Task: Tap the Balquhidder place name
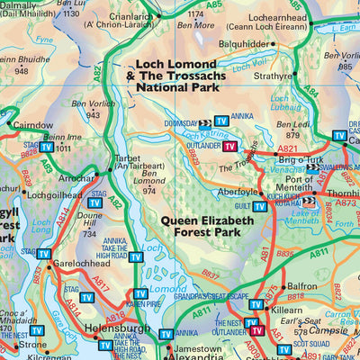point(244,43)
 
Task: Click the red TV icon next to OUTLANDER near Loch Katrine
point(230,147)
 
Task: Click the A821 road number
point(287,148)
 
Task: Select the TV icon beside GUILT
point(259,206)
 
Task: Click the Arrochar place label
point(78,179)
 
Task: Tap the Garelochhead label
point(80,265)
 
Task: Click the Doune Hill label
point(86,219)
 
